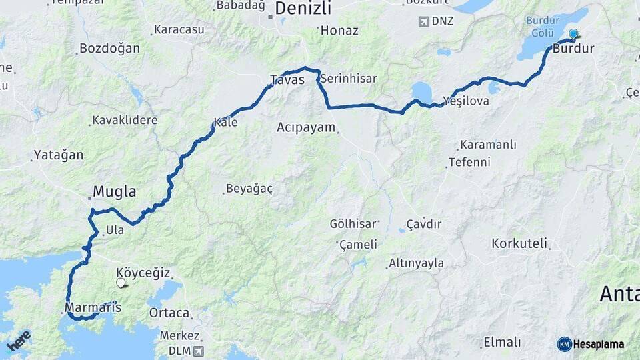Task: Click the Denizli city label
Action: tap(303, 9)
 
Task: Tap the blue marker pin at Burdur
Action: tap(573, 34)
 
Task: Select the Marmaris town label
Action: tap(93, 308)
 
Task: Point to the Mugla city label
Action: tap(114, 192)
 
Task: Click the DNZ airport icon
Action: tap(423, 21)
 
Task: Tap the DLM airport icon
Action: tap(199, 351)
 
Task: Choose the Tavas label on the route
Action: tap(287, 80)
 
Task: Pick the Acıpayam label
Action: tap(306, 127)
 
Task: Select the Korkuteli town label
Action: tap(519, 243)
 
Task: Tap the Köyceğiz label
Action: tap(143, 273)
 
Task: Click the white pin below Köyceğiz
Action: tap(121, 283)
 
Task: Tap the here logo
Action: tap(19, 340)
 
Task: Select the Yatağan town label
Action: tap(59, 155)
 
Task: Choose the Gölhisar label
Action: tap(354, 224)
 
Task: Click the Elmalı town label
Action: tap(502, 343)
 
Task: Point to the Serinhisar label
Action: tap(348, 79)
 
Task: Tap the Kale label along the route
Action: tap(225, 123)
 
